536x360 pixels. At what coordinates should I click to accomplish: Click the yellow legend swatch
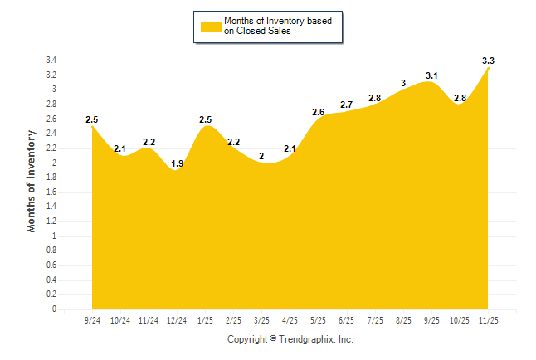[x=211, y=26]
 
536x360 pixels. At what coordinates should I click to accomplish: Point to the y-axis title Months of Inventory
[x=32, y=180]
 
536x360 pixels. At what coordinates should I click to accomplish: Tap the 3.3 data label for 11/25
[x=488, y=61]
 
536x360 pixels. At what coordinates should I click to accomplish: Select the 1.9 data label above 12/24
[x=177, y=163]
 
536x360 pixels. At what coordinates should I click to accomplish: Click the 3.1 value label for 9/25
[x=431, y=75]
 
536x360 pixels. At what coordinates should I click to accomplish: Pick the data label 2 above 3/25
[x=261, y=156]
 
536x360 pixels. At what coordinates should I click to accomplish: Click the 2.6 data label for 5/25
[x=318, y=112]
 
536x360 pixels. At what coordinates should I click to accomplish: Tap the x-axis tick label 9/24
[x=92, y=319]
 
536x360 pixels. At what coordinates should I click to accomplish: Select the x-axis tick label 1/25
[x=205, y=319]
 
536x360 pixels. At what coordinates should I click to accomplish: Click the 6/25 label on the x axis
[x=347, y=319]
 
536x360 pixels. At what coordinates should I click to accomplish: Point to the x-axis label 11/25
[x=488, y=319]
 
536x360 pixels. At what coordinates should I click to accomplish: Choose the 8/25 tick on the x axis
[x=403, y=319]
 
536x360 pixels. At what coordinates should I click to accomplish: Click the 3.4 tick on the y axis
[x=51, y=61]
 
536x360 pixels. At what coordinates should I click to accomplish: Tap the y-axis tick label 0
[x=54, y=309]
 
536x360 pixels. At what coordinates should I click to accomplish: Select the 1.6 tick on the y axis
[x=51, y=192]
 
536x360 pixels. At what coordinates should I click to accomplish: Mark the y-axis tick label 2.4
[x=51, y=134]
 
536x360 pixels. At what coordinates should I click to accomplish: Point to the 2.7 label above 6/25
[x=347, y=105]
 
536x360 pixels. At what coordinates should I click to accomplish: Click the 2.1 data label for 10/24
[x=120, y=148]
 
